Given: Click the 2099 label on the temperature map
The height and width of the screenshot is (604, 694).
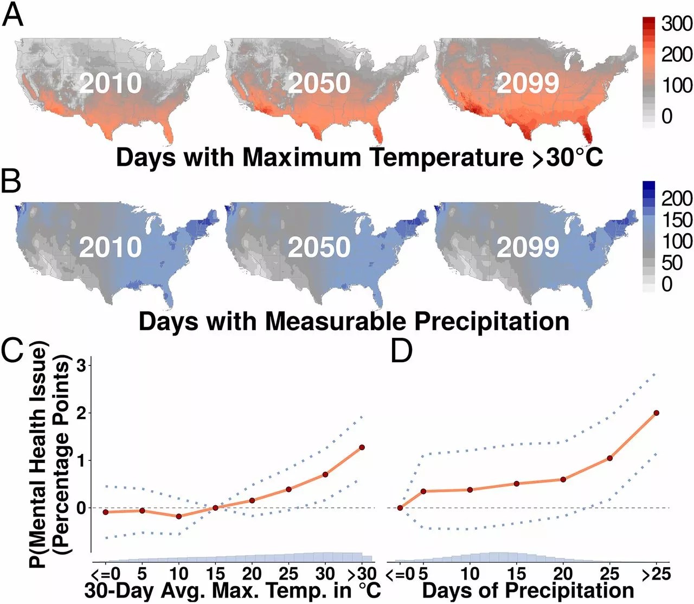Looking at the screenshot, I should [528, 83].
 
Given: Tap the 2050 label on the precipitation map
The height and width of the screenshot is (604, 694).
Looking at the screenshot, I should [319, 247].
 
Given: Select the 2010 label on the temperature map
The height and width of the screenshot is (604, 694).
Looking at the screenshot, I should [111, 83].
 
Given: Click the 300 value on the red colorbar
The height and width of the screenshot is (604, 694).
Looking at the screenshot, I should [677, 24].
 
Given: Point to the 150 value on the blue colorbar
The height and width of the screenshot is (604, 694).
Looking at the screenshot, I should [677, 220].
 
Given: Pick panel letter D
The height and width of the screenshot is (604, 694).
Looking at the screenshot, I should [402, 351].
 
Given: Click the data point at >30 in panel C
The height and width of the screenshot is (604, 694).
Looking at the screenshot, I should [362, 447].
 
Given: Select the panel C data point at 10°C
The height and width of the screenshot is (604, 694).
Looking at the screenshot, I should [179, 516].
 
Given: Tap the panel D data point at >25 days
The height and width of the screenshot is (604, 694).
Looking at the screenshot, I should [657, 413].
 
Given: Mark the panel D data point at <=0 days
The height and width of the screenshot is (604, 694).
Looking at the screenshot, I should [400, 508].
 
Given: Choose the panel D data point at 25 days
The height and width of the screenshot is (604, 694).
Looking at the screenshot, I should [610, 458].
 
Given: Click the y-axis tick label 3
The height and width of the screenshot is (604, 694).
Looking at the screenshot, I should [81, 365].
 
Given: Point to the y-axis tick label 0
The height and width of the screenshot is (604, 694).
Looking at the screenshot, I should [81, 508].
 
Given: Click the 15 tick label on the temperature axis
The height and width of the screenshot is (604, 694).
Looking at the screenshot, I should [215, 574].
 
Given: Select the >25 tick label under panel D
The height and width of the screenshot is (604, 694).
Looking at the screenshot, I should [656, 574].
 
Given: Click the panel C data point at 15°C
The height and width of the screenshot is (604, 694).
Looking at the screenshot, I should [215, 507].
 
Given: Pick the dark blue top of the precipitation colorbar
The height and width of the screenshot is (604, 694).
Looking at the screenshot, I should [648, 185].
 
